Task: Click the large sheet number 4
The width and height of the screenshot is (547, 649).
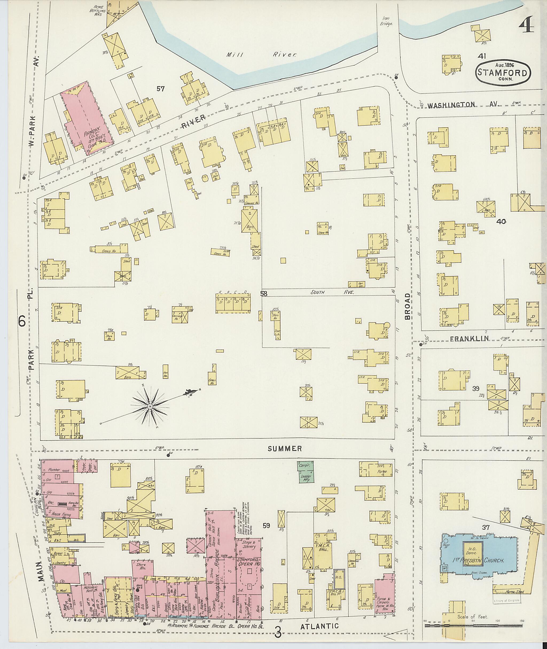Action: point(526,25)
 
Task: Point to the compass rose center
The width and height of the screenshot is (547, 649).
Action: point(150,406)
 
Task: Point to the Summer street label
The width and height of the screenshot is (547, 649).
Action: point(285,448)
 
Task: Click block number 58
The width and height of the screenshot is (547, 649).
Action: point(264,293)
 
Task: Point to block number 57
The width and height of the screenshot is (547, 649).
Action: point(160,89)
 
